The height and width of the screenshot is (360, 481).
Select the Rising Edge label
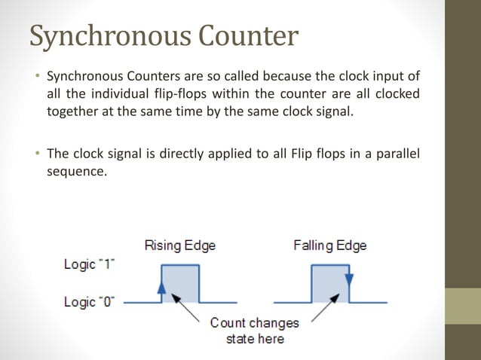click(179, 246)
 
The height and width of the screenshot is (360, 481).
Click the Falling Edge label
click(331, 246)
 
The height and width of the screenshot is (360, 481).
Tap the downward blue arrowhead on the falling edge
click(348, 279)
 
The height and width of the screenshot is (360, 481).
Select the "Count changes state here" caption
click(255, 331)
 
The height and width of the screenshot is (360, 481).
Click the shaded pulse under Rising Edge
click(182, 285)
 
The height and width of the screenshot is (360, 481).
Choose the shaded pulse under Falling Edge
click(331, 285)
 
